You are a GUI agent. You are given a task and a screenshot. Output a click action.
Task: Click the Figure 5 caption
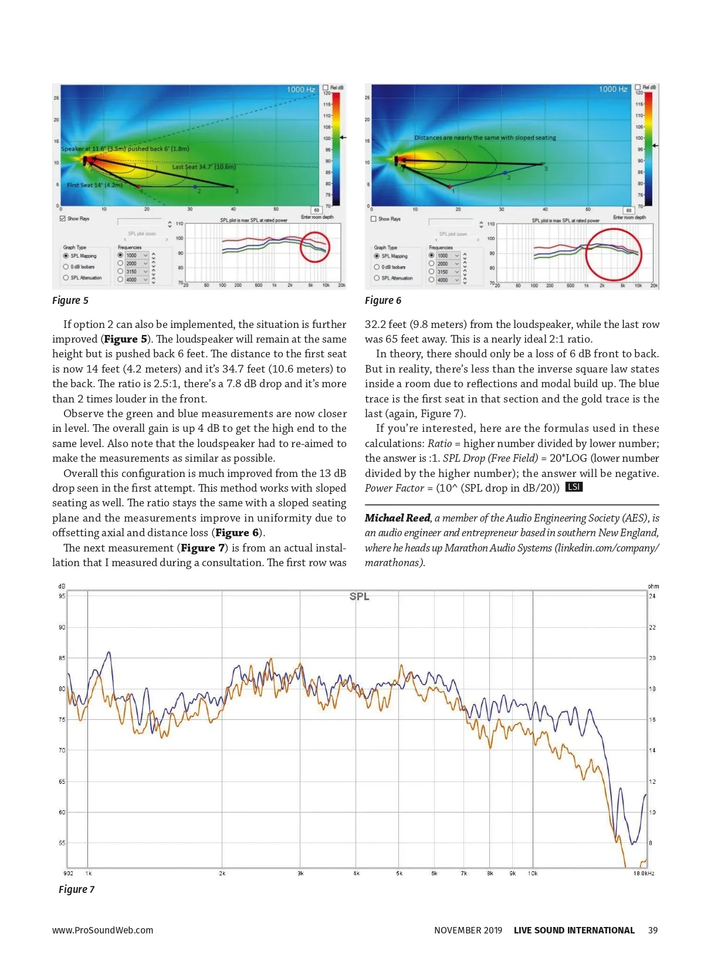click(x=70, y=300)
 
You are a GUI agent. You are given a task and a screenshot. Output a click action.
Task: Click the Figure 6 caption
click(x=383, y=300)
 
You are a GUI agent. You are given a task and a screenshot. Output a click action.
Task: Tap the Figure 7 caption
click(x=76, y=889)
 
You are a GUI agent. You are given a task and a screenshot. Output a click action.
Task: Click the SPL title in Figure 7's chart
click(x=359, y=597)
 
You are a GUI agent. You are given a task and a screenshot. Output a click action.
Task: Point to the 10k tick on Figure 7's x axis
click(x=532, y=874)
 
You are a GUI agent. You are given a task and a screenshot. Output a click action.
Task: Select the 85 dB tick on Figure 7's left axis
click(x=62, y=658)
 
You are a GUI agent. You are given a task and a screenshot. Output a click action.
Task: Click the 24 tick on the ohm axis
click(x=652, y=597)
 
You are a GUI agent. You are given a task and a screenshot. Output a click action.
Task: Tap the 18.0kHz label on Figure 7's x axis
click(x=644, y=874)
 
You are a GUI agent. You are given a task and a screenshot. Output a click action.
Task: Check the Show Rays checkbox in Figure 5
click(x=63, y=219)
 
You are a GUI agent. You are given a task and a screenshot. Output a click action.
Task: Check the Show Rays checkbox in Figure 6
click(x=374, y=219)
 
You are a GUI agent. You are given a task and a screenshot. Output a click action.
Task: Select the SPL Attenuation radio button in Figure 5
click(x=66, y=278)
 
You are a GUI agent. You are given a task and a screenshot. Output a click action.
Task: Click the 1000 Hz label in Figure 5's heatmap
click(x=300, y=89)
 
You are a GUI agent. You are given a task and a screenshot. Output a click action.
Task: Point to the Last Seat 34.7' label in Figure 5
click(x=204, y=167)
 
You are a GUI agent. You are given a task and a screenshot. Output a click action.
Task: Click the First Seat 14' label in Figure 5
click(x=94, y=185)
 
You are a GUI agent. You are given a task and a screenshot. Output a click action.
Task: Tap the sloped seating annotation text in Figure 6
click(x=485, y=138)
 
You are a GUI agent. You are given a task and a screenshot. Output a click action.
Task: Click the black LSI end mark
click(x=573, y=488)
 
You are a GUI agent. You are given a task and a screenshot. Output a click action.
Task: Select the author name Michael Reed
click(x=397, y=518)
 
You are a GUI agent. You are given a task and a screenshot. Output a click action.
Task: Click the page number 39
click(x=652, y=930)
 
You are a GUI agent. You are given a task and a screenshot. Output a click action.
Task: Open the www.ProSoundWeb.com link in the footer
click(x=103, y=930)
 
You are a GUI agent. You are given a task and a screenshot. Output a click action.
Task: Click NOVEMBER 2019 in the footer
click(x=468, y=930)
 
